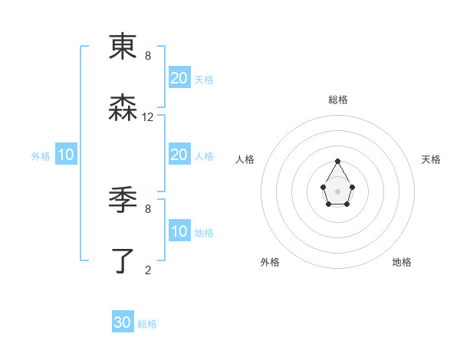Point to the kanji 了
pos(123,261)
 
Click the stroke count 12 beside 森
pos(148,117)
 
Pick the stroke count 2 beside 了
pos(148,270)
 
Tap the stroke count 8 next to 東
pos(148,55)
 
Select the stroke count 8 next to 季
pos(148,208)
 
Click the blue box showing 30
pos(123,322)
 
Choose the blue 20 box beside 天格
pos(179,78)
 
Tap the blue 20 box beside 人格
pos(179,155)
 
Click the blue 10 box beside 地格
pos(179,231)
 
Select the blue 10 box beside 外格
pos(66,155)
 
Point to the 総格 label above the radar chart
pos(338,100)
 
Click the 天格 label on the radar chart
pos(432,159)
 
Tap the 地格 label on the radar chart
pos(402,262)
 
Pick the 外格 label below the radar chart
pos(270,262)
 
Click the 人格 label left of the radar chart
pos(245,159)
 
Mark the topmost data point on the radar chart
pos(338,161)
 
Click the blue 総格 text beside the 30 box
pos(147,324)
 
